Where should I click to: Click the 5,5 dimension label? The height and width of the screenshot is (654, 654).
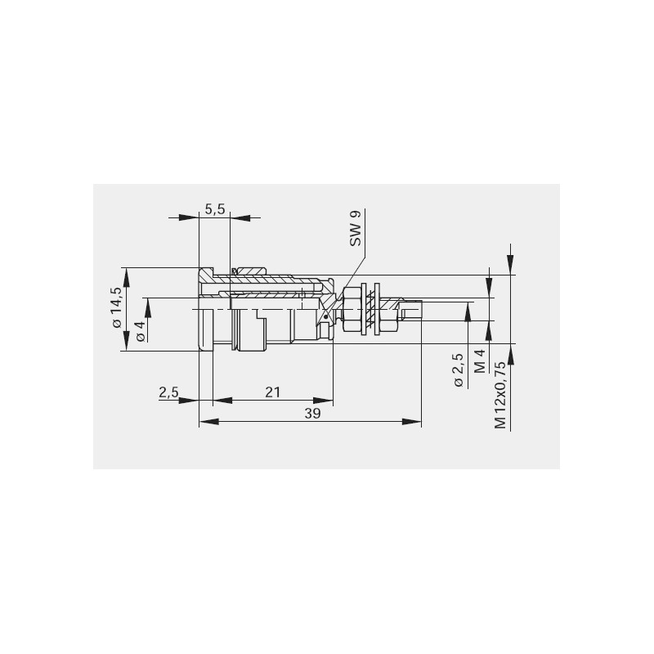(x=215, y=209)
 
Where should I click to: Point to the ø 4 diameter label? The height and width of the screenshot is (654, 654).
(x=141, y=331)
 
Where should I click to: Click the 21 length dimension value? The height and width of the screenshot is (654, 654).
(x=273, y=392)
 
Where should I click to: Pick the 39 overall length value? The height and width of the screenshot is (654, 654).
(x=312, y=414)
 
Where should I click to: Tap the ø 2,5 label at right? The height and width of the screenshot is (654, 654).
(x=458, y=370)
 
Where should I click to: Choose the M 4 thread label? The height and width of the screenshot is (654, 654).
(x=481, y=361)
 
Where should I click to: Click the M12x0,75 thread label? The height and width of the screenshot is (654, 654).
(x=500, y=395)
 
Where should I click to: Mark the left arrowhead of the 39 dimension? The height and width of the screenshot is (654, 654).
(x=209, y=422)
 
